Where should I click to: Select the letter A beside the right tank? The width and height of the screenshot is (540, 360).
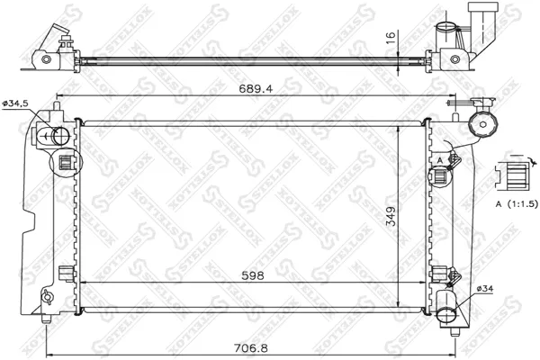438,160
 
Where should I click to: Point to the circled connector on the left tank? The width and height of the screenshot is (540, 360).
66,165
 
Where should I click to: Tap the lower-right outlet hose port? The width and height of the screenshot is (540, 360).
447,316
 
